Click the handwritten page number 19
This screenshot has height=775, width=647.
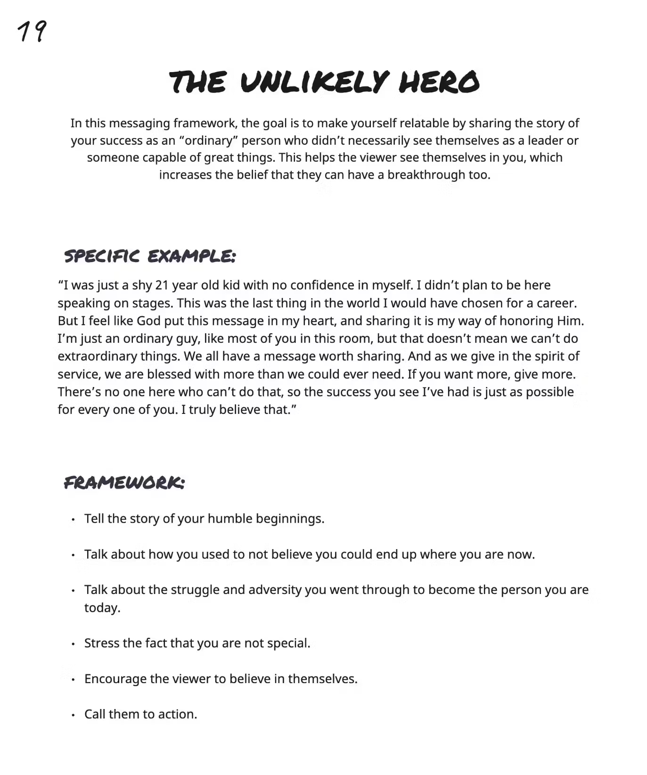(32, 32)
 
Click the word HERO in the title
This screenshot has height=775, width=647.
(439, 82)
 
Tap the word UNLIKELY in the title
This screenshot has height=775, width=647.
(314, 82)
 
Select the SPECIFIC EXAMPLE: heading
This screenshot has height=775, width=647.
(149, 256)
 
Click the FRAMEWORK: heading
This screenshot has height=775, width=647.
(124, 483)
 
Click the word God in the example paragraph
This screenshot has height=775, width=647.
(149, 321)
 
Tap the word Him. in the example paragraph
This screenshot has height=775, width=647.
(570, 321)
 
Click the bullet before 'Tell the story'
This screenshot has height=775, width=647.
(73, 520)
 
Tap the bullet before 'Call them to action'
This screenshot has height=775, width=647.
(73, 715)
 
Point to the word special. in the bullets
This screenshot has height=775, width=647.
(288, 643)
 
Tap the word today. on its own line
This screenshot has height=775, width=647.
(102, 608)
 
